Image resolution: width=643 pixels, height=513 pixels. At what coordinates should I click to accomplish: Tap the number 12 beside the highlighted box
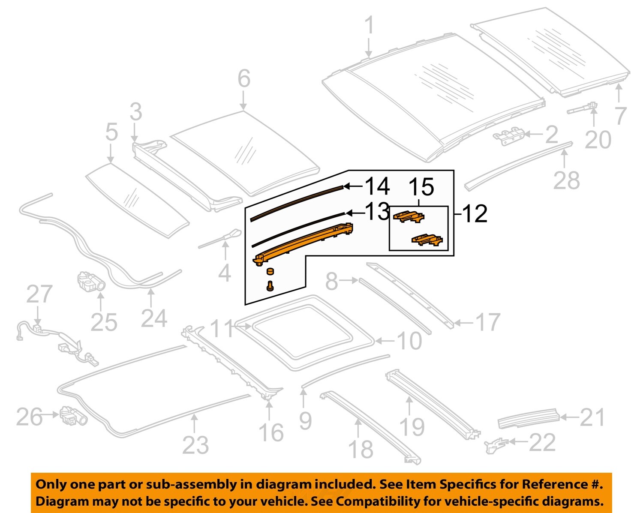tap(475, 213)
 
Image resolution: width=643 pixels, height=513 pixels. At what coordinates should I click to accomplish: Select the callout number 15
tap(421, 187)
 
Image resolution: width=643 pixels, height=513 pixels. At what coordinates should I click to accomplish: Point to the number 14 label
tap(377, 186)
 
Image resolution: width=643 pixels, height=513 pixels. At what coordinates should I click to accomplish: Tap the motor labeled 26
tap(74, 415)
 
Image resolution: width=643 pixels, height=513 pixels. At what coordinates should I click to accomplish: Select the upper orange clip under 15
tap(409, 216)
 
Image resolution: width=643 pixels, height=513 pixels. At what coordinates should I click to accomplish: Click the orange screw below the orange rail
tap(270, 286)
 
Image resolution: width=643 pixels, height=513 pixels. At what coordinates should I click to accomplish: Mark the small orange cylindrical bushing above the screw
tap(270, 271)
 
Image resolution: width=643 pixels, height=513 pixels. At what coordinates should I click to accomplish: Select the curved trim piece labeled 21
tap(529, 418)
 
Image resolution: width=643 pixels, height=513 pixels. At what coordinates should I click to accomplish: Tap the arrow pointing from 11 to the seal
tap(244, 327)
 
